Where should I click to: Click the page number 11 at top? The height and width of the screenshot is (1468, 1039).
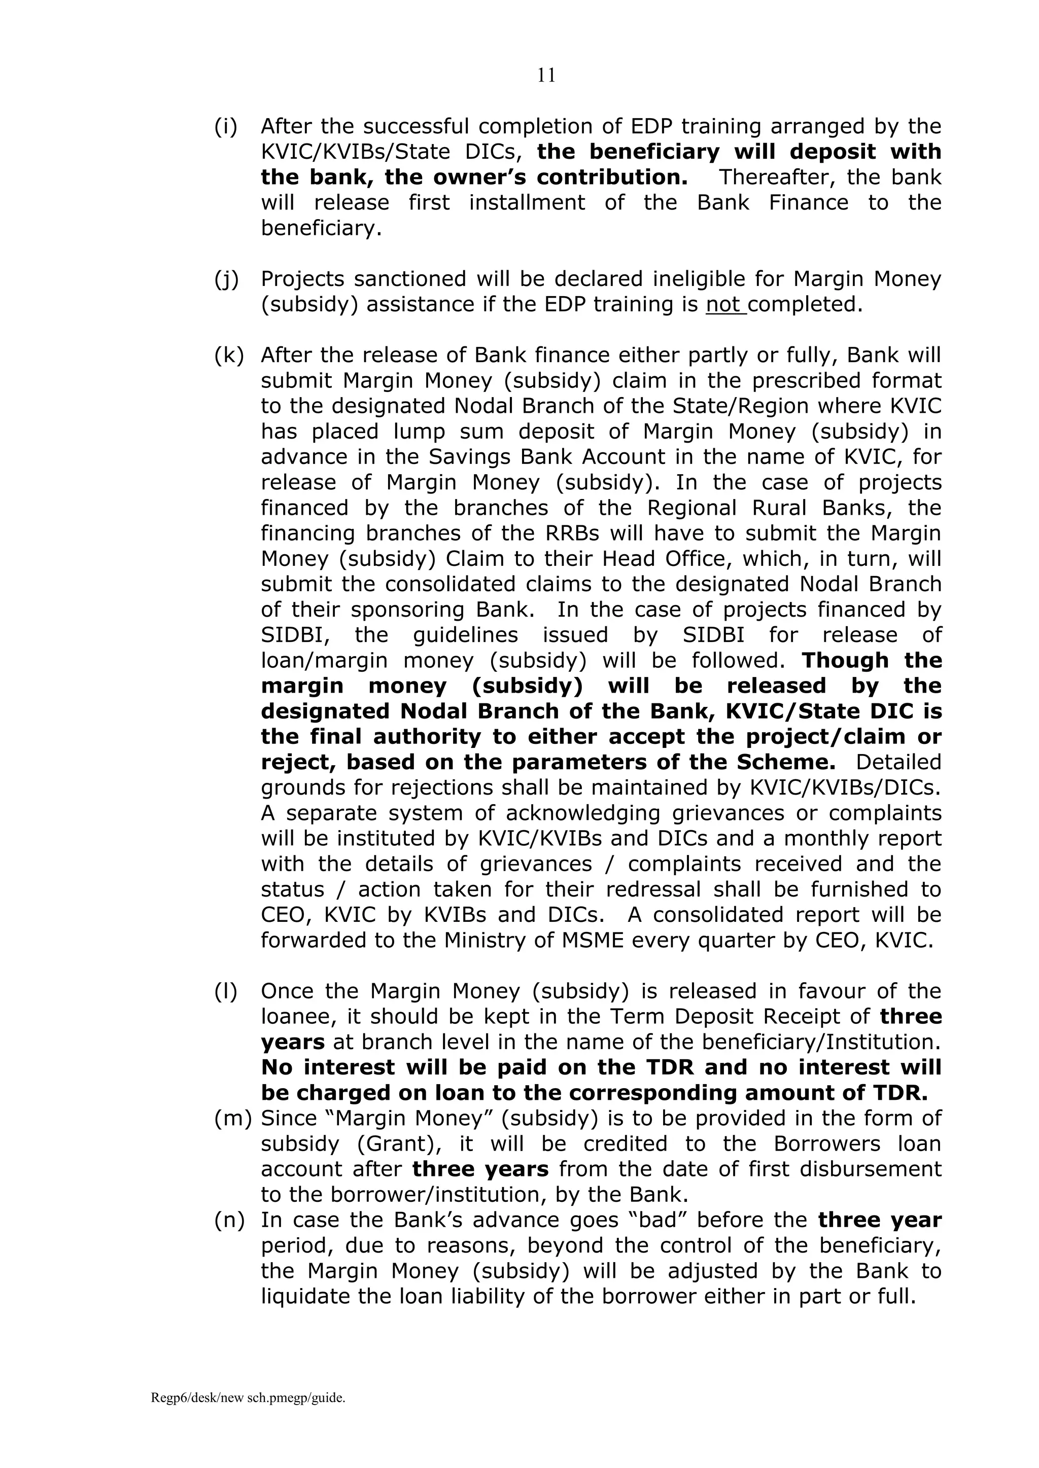pyautogui.click(x=546, y=76)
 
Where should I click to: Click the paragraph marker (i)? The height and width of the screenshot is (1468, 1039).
pyautogui.click(x=225, y=127)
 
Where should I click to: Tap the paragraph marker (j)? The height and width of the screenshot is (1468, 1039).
pyautogui.click(x=226, y=279)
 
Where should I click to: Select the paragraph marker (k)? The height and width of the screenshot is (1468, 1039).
pyautogui.click(x=228, y=355)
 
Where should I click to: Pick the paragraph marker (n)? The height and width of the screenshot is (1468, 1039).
pyautogui.click(x=229, y=1220)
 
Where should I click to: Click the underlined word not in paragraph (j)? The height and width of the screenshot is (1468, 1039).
pyautogui.click(x=724, y=304)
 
